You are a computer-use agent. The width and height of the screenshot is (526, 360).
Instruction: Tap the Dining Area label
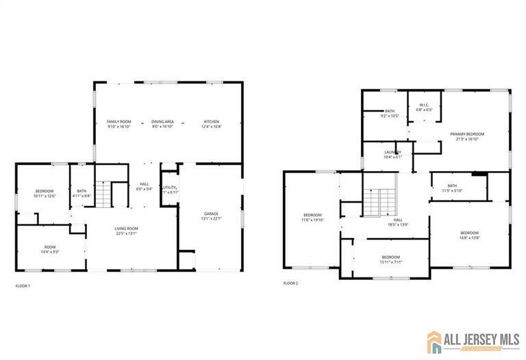tap(162, 124)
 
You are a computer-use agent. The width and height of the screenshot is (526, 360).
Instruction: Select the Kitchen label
tap(210, 124)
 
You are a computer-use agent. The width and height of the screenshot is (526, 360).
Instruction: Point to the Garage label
tap(210, 216)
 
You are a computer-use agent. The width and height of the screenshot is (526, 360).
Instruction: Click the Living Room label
tap(127, 231)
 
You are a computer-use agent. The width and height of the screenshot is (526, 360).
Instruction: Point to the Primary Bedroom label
tap(467, 136)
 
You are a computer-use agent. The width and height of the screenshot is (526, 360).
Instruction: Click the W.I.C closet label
tap(425, 107)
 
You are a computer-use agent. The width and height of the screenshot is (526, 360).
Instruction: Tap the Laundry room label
tap(392, 154)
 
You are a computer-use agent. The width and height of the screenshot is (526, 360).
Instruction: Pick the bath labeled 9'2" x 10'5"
tap(390, 114)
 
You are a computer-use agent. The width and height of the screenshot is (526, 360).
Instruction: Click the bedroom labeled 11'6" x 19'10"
tap(312, 218)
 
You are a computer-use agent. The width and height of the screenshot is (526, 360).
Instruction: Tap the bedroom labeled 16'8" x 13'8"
tap(469, 235)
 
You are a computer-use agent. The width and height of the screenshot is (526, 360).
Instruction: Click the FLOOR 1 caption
tap(23, 285)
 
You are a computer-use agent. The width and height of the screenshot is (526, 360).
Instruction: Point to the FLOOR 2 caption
tap(290, 283)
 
